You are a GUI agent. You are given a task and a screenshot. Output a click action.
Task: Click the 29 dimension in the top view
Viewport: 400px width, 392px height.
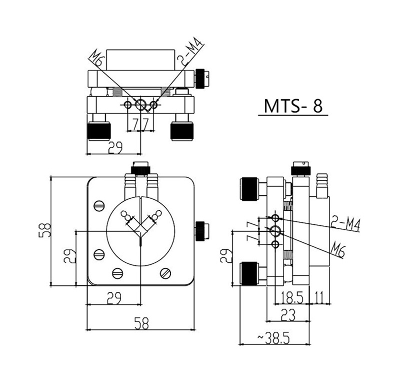point(116,147)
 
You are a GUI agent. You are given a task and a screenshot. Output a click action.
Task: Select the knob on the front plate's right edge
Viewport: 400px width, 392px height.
point(201,230)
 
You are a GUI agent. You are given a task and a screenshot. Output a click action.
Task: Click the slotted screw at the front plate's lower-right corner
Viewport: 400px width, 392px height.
point(166,273)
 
